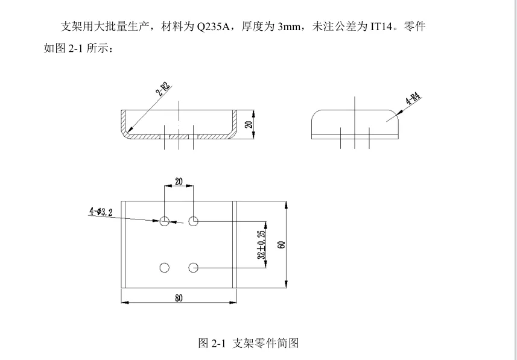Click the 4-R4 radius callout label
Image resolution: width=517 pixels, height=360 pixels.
click(x=413, y=99)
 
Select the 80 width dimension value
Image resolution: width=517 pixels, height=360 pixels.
click(x=179, y=298)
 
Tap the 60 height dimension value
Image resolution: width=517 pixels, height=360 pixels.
click(x=282, y=244)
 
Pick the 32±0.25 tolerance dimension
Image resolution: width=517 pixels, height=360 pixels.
click(x=262, y=244)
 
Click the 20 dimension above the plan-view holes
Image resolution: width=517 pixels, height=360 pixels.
click(x=179, y=182)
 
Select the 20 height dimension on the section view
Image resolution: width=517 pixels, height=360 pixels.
click(x=249, y=124)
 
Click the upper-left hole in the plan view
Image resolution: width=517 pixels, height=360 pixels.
click(x=165, y=221)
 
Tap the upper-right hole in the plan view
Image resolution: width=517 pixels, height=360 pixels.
click(x=193, y=221)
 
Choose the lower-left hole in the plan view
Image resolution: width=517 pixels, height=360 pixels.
click(x=165, y=267)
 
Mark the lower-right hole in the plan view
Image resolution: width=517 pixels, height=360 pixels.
click(x=193, y=267)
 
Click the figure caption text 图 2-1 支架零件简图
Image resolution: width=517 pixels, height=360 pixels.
click(x=249, y=343)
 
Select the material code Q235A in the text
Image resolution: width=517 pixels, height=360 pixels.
click(x=212, y=27)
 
